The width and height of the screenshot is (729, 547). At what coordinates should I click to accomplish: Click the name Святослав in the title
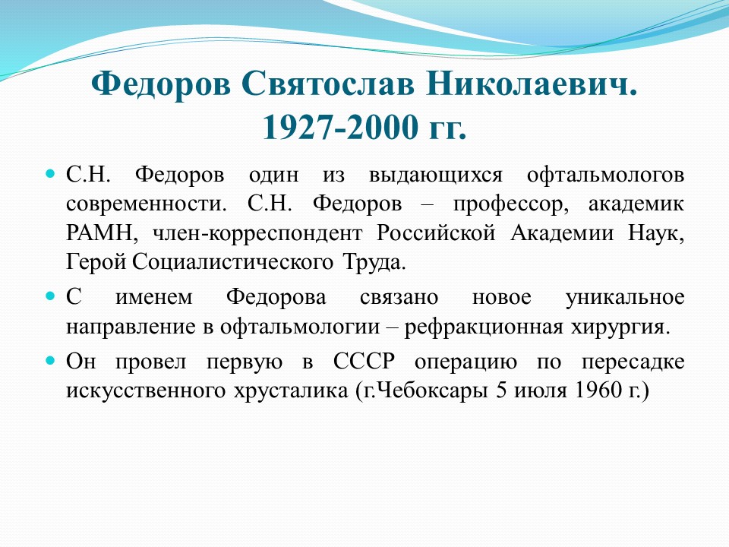327,84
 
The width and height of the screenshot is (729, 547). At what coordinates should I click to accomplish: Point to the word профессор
511,205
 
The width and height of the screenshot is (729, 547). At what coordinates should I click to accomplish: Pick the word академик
636,204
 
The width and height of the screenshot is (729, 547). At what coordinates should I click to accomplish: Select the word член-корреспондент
257,234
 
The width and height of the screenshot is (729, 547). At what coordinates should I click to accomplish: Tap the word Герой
96,262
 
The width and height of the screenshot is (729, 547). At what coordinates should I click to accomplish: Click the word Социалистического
232,262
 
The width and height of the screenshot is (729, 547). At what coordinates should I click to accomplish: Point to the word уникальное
625,298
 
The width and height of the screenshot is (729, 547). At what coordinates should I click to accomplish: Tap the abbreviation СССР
364,361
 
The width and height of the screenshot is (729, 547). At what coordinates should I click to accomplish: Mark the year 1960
598,390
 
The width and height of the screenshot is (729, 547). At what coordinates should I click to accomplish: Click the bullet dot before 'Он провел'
50,360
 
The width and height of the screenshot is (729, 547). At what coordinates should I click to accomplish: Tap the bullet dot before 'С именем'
50,296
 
